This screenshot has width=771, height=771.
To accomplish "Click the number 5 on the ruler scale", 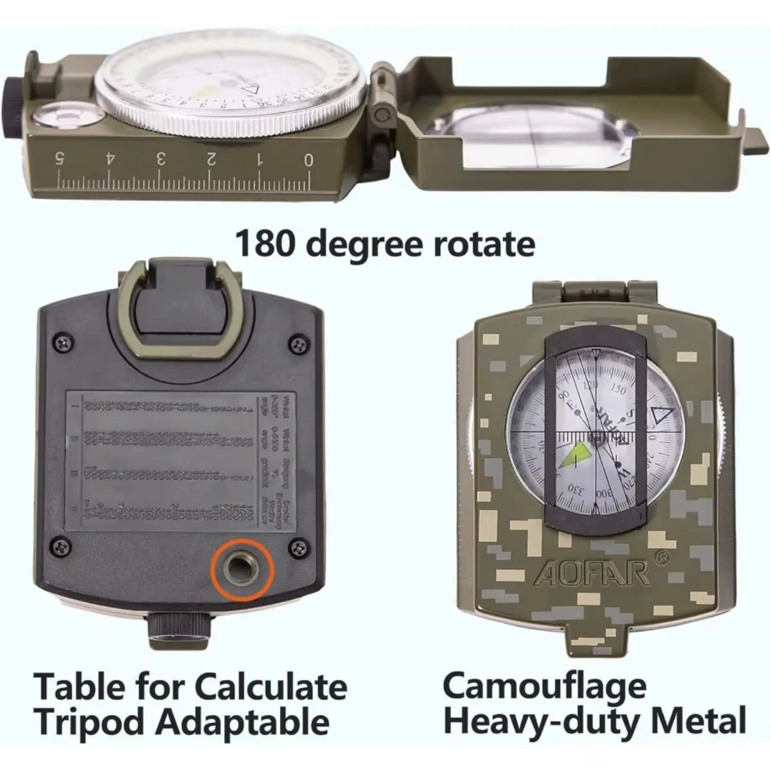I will tap(60, 158).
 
